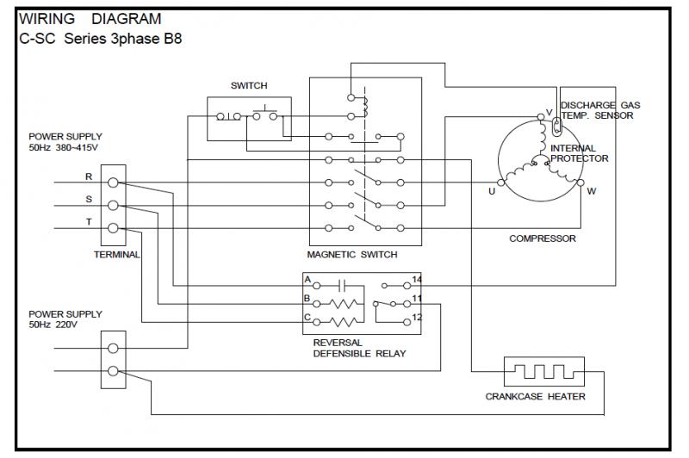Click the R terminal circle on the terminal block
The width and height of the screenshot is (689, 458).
(x=113, y=183)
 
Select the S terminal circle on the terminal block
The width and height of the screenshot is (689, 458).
(x=113, y=205)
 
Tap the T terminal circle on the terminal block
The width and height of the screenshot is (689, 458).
(x=113, y=228)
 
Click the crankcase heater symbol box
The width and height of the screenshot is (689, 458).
(x=544, y=372)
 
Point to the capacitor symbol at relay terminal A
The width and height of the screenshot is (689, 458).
(x=343, y=286)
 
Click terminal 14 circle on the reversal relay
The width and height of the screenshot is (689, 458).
(x=407, y=286)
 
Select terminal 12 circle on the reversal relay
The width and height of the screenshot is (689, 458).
(x=407, y=322)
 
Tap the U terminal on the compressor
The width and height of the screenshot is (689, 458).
(x=500, y=183)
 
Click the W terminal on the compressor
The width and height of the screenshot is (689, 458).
(x=580, y=183)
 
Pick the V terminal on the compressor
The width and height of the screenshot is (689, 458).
(x=541, y=117)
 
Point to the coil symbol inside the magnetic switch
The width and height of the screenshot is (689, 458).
(x=365, y=107)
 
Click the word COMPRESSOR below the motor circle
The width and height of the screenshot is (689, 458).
(x=543, y=238)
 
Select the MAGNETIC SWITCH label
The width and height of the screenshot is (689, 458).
(x=352, y=255)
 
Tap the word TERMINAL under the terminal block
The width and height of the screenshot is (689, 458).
(x=116, y=255)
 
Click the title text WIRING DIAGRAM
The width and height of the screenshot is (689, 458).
(x=90, y=19)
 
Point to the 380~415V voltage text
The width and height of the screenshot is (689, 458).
(x=77, y=147)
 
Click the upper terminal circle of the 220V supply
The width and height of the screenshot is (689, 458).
(x=113, y=348)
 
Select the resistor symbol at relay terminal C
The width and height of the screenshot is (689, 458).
(x=343, y=322)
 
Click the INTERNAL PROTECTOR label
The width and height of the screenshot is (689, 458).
(x=579, y=153)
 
